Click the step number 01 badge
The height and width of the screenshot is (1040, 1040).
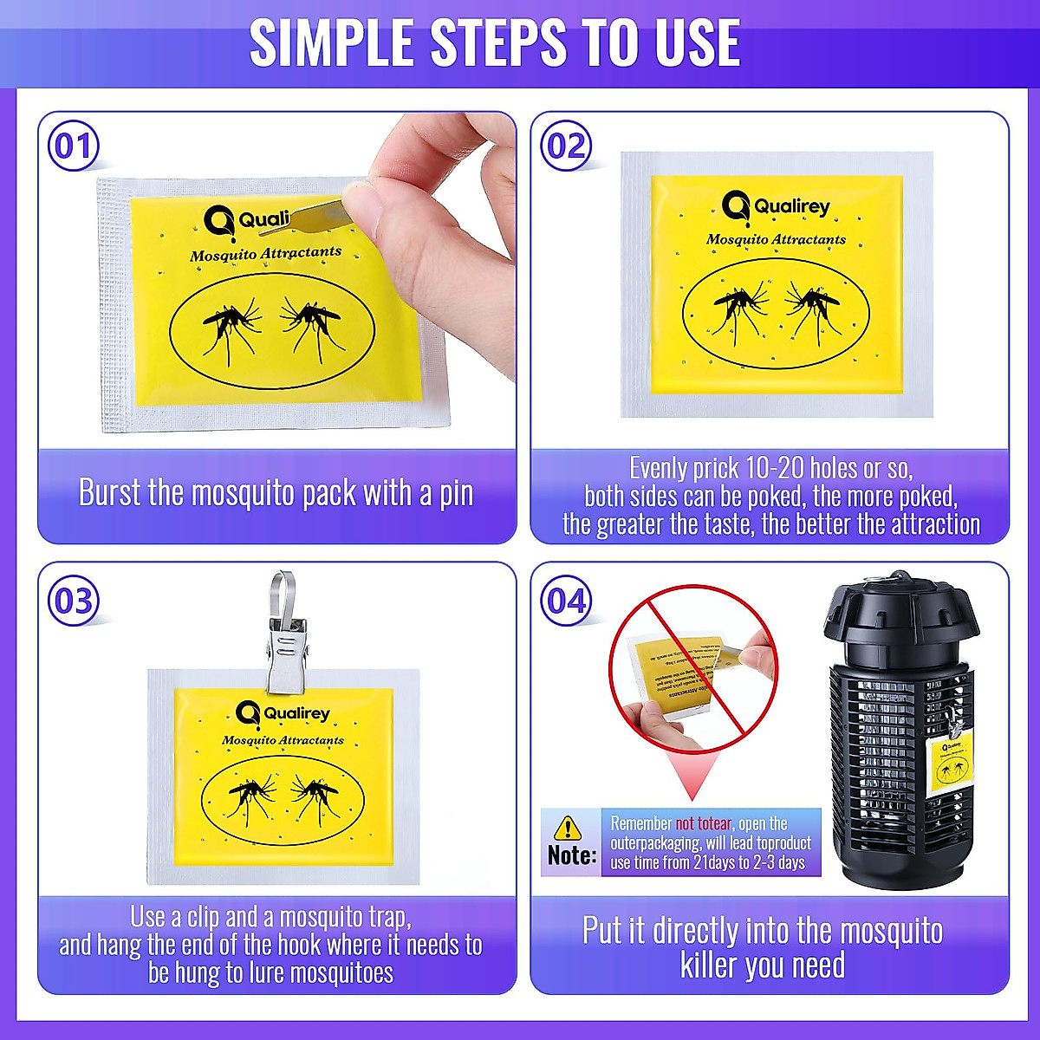(73, 146)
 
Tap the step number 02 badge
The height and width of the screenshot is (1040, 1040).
(566, 146)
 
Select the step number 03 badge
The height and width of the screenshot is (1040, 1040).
(73, 601)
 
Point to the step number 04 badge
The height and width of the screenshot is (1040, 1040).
(566, 601)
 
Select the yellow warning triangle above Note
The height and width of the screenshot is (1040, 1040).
(568, 828)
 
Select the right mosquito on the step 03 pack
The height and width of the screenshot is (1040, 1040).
(314, 793)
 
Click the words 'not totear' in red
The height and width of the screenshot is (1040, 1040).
(703, 823)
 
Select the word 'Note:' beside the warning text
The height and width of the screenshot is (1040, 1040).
(571, 855)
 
